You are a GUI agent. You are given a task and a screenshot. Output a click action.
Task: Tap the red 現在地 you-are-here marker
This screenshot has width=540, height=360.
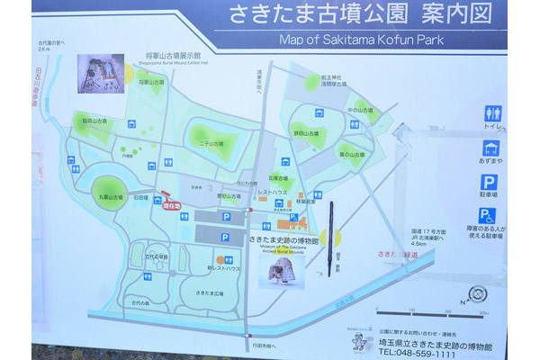[172, 206]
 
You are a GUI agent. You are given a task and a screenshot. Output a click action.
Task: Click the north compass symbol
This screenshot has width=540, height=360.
[478, 294]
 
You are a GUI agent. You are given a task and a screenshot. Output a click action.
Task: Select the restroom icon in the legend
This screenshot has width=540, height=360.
[492, 113]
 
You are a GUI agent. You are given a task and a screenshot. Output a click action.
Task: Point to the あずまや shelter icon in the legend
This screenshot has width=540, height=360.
[491, 147]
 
